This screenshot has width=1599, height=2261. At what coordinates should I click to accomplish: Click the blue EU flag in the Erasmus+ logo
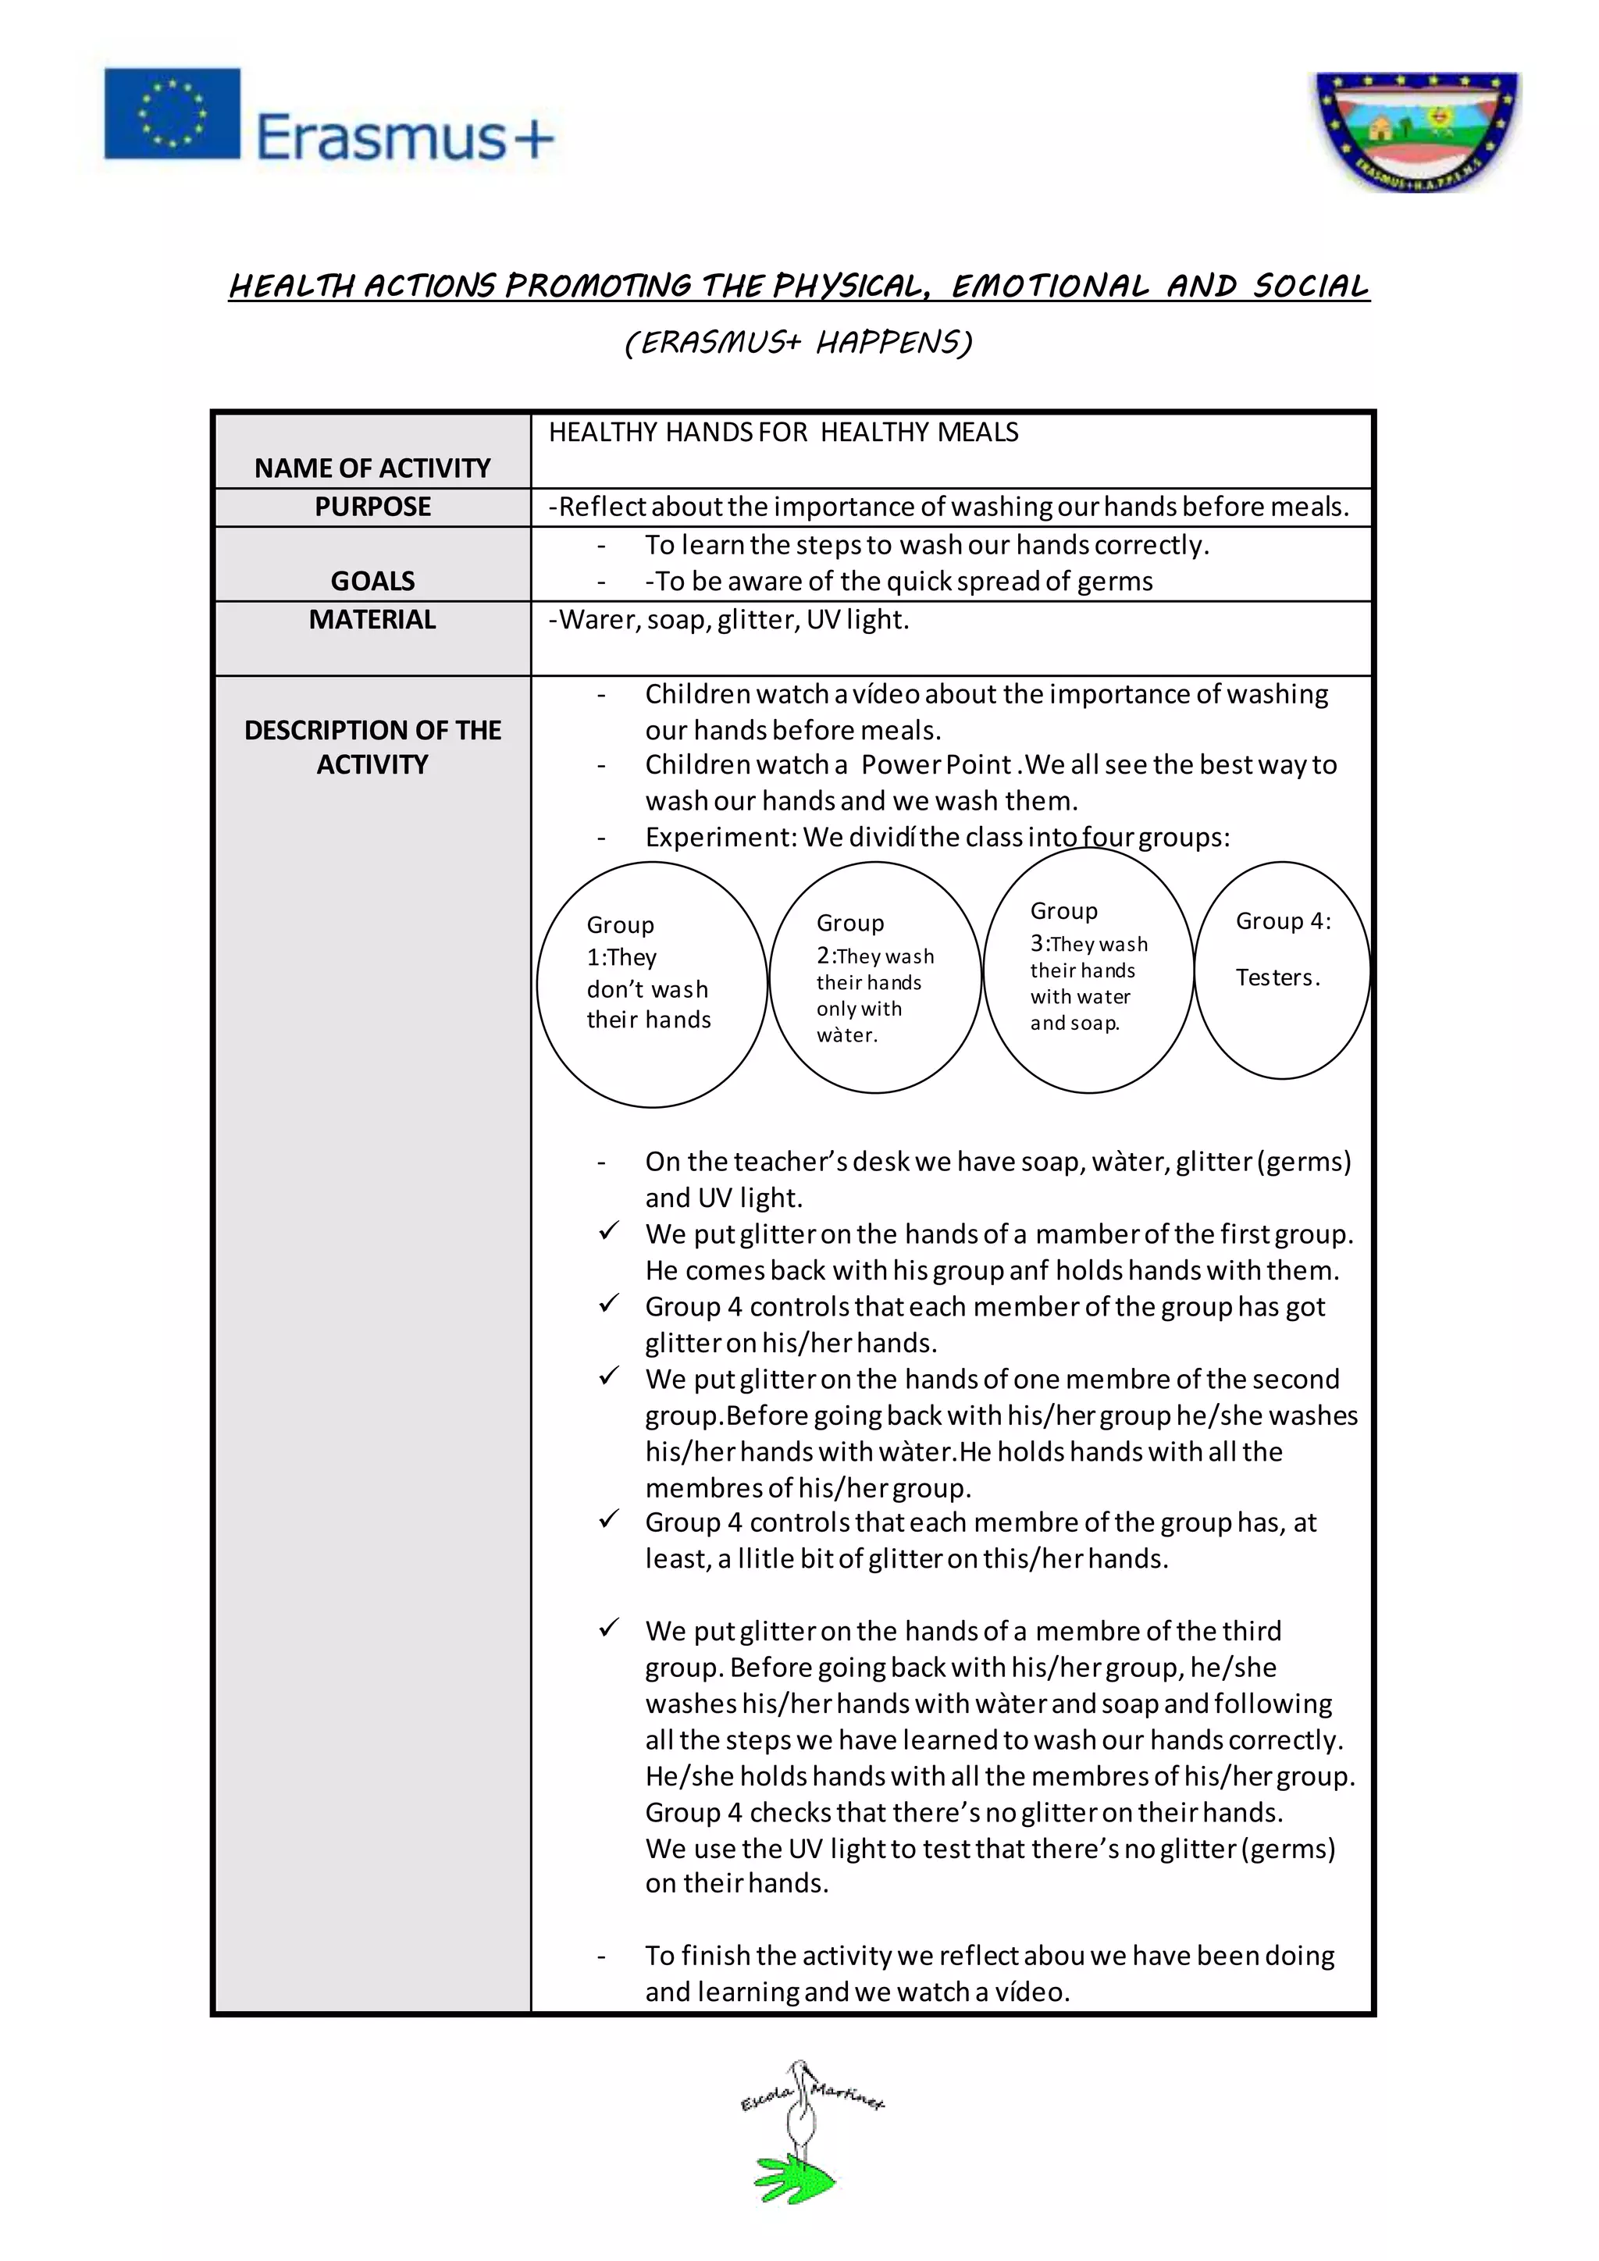[x=173, y=113]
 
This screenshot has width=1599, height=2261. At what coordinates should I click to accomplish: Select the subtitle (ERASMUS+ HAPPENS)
[x=799, y=342]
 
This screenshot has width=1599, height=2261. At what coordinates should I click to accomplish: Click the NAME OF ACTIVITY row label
[x=372, y=468]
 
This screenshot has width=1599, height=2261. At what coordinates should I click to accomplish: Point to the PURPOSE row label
[x=372, y=506]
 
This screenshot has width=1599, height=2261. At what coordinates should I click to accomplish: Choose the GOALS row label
[x=372, y=581]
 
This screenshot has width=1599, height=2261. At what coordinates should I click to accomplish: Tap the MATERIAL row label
[x=372, y=619]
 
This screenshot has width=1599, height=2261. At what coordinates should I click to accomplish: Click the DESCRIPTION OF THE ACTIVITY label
[x=372, y=747]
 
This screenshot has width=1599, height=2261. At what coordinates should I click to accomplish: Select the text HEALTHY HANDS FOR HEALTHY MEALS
[x=783, y=433]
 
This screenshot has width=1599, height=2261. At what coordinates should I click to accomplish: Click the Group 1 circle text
[x=648, y=972]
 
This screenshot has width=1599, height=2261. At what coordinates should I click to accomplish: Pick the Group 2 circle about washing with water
[x=874, y=979]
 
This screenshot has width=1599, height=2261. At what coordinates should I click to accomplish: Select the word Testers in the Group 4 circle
[x=1275, y=977]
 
